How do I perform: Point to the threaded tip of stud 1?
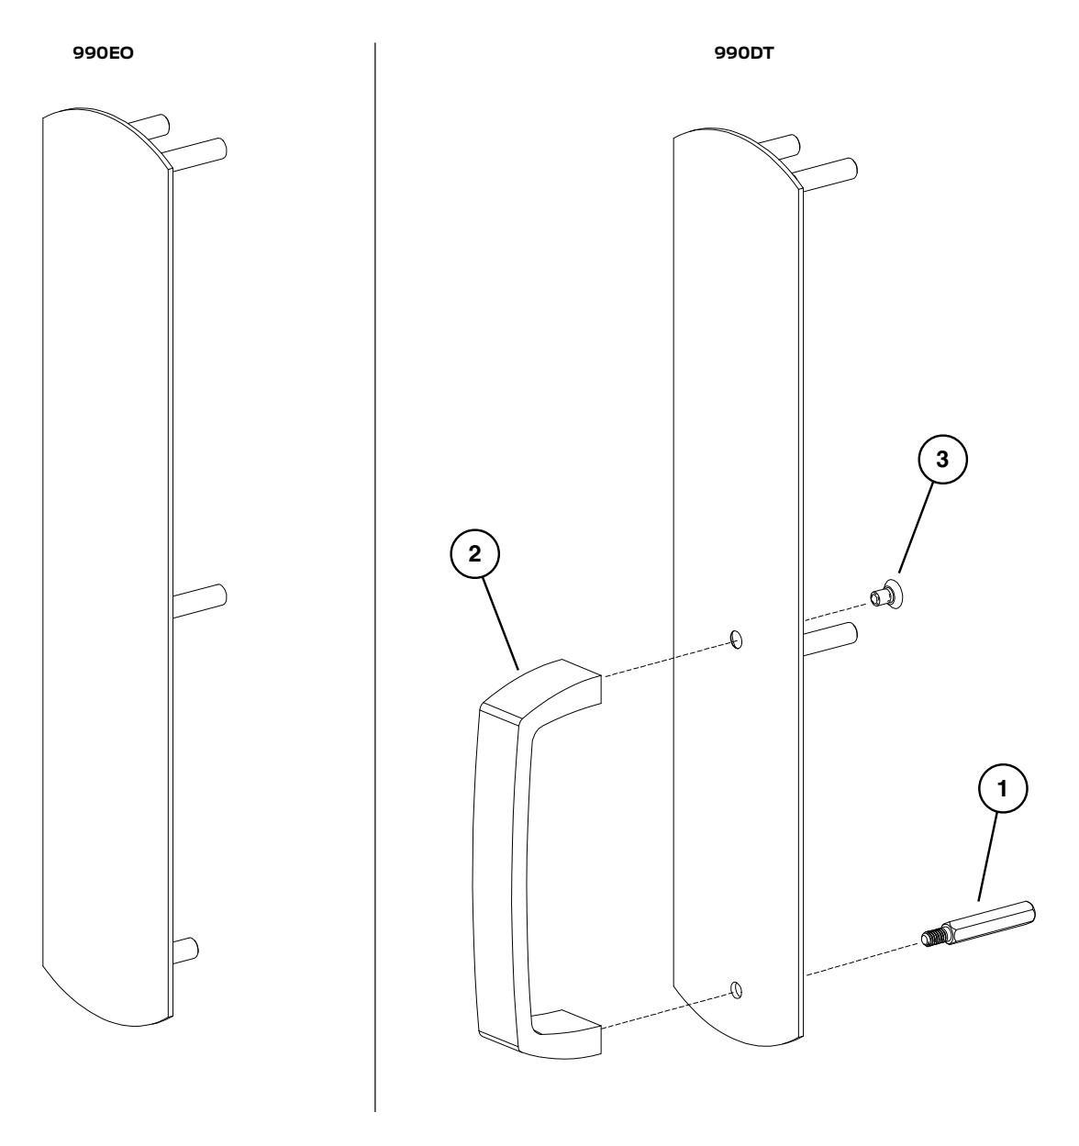[932, 938]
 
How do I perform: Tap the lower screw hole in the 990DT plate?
[736, 989]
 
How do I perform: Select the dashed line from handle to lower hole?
[665, 1009]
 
